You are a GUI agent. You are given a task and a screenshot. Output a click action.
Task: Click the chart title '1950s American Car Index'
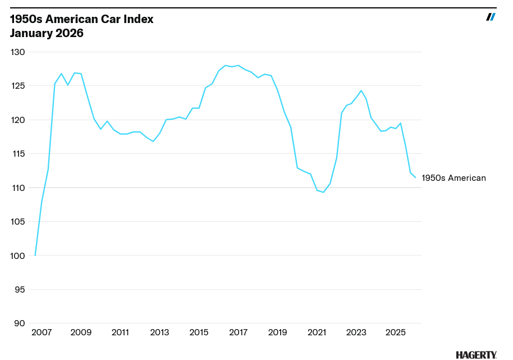[82, 19]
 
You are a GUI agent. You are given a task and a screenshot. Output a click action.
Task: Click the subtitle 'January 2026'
[47, 34]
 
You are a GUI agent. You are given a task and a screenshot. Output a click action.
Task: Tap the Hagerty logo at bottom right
[476, 355]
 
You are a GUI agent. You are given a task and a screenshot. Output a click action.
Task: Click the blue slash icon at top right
[491, 17]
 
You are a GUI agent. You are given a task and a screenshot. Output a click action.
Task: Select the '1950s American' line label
[454, 178]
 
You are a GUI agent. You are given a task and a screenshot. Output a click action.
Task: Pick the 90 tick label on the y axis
[20, 323]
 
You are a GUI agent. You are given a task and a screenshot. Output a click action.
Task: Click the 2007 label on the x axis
[42, 332]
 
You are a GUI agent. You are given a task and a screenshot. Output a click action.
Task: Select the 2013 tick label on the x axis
[159, 332]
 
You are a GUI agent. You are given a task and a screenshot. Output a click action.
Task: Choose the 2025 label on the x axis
[396, 332]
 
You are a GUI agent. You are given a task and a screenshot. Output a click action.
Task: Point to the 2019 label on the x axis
[278, 332]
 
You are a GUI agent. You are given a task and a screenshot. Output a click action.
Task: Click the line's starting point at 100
[35, 256]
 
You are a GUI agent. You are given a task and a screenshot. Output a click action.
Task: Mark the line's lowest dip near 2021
[323, 193]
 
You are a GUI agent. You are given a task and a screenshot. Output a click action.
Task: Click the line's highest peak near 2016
[225, 65]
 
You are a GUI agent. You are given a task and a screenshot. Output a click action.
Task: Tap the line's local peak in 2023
[361, 90]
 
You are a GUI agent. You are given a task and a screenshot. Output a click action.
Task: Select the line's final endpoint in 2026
[415, 177]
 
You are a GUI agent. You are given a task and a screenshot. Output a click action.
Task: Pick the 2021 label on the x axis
[317, 332]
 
